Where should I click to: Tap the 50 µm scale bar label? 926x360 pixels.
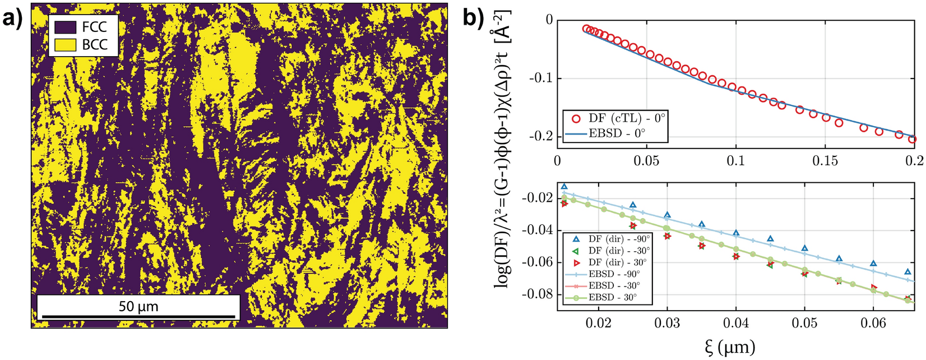point(138,307)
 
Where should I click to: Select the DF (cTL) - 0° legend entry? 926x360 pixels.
point(615,119)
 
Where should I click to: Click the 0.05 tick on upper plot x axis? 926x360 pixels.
point(646,160)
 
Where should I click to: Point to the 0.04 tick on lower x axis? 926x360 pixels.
point(736,324)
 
